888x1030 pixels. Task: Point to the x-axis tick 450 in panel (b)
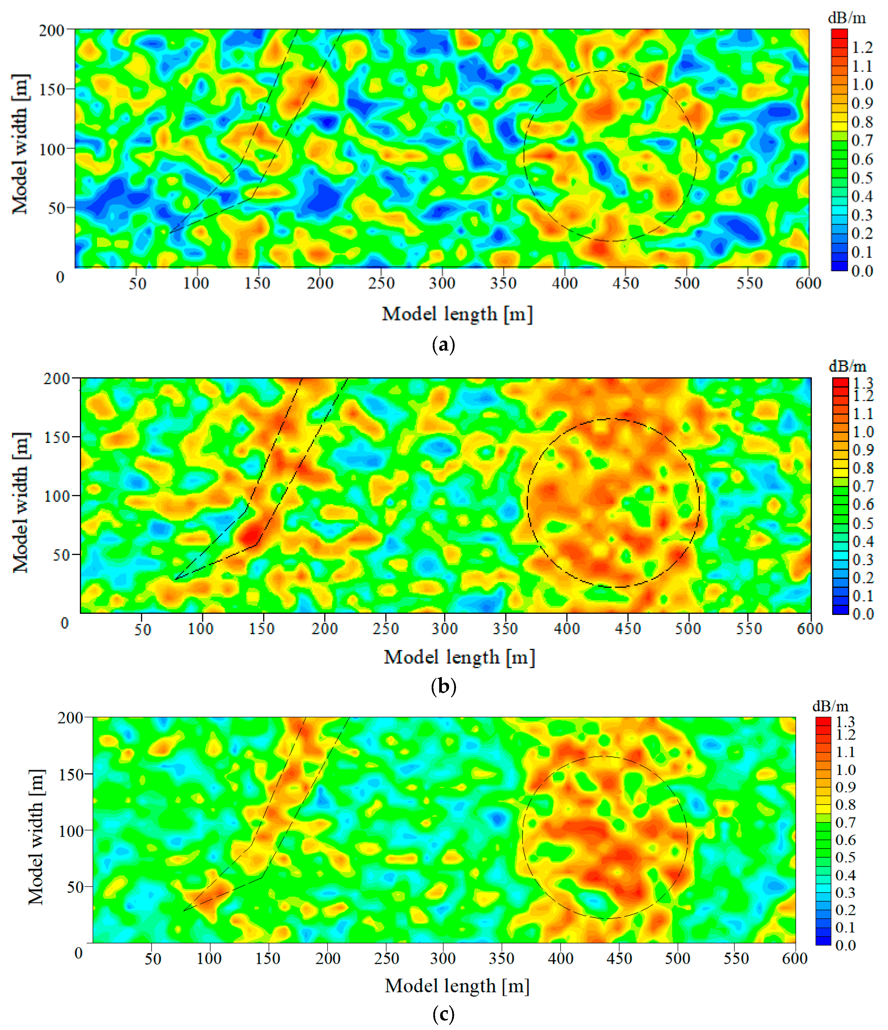pyautogui.click(x=627, y=629)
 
